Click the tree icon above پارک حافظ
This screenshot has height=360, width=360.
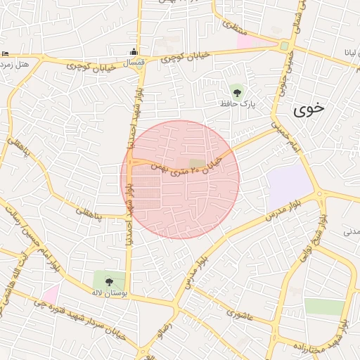tap(237, 91)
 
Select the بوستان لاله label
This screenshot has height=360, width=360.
tap(108, 292)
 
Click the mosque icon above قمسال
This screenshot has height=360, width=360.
tap(133, 51)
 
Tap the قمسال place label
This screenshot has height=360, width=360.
tap(133, 63)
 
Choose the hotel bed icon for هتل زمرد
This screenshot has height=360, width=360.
tap(5, 54)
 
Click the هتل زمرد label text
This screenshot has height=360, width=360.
tap(15, 65)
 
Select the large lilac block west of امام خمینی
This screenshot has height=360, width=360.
tap(288, 187)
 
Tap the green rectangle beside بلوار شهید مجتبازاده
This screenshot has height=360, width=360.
tap(324, 307)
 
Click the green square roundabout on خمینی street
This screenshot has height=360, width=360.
tap(285, 46)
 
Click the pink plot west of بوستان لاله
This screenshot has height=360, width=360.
tap(50, 294)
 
